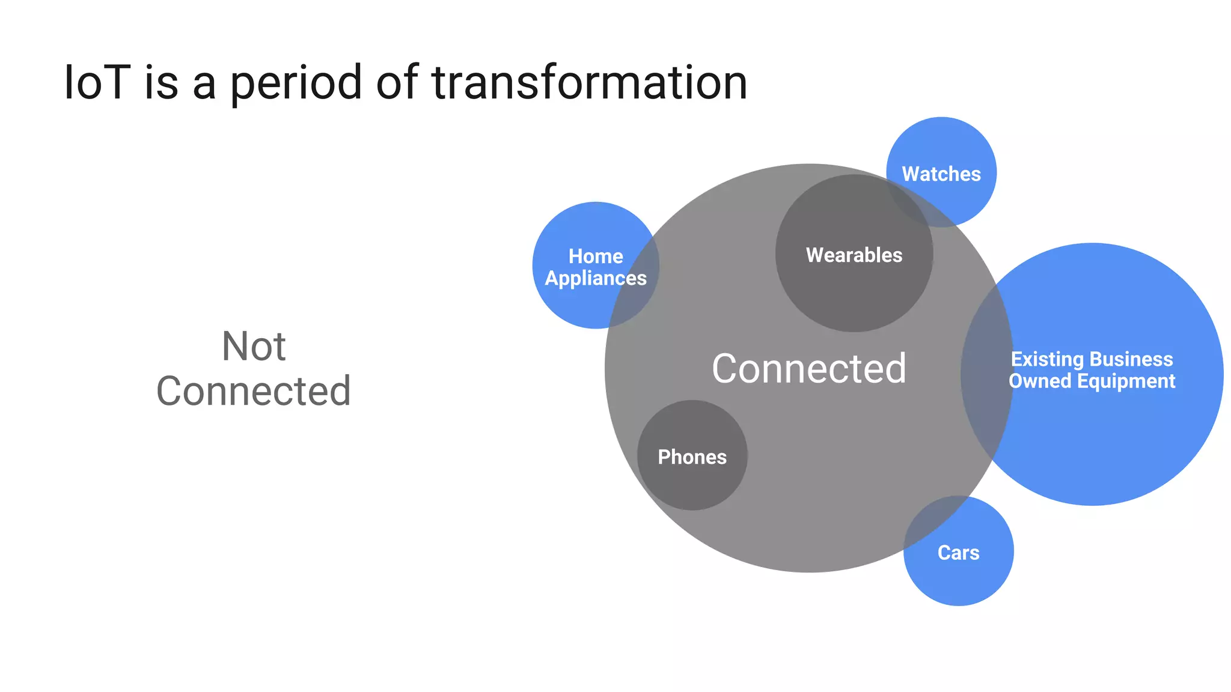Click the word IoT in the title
tap(97, 82)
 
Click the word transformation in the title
tap(590, 82)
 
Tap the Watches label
tap(941, 174)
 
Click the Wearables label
tap(854, 255)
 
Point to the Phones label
tap(692, 457)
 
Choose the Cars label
tap(959, 553)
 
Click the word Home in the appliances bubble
tap(596, 256)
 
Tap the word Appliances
tap(596, 279)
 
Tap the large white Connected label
tap(809, 368)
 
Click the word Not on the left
tap(254, 347)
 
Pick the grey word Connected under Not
tap(254, 391)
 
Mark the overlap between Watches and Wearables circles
tap(911, 201)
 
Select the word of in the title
tap(397, 82)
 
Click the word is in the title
tap(162, 82)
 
